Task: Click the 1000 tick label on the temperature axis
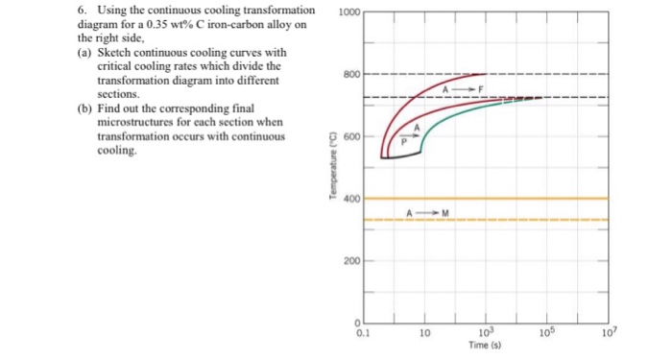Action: (349, 12)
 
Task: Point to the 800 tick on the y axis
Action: (351, 74)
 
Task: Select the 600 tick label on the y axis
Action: (351, 136)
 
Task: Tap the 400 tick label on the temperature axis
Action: (351, 199)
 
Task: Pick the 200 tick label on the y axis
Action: (351, 261)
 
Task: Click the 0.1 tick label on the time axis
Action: (360, 333)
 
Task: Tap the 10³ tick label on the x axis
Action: (485, 333)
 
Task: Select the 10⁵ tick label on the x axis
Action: (546, 333)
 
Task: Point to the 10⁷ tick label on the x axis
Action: (606, 333)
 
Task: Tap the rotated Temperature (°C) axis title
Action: (332, 167)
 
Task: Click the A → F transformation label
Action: (464, 88)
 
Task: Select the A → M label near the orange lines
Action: (423, 211)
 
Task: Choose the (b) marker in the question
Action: (84, 109)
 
